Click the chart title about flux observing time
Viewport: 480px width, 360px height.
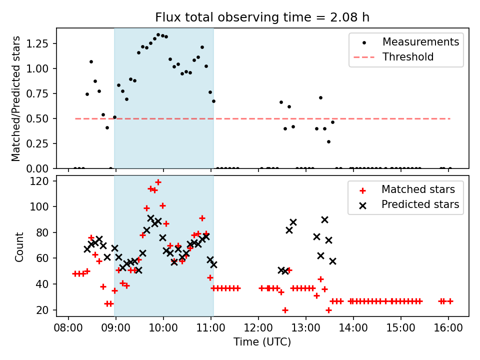pos(262,17)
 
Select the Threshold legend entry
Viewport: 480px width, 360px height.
pos(393,57)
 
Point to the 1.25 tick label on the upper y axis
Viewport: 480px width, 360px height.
pos(37,43)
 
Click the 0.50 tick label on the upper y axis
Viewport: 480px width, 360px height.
pos(37,119)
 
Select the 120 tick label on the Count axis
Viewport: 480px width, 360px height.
pos(39,181)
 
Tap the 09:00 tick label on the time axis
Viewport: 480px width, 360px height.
pos(115,328)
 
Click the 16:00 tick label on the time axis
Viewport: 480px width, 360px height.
pos(448,328)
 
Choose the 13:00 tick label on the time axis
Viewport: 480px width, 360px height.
pos(305,328)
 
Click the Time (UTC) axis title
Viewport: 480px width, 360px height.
pos(262,341)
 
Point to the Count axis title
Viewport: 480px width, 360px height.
pos(19,246)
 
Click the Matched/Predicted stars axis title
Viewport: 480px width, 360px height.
pos(15,98)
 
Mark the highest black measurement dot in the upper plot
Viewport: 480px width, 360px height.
pos(158,35)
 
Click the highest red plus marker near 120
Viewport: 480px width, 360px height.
pos(158,182)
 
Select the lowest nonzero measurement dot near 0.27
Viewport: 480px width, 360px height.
pos(328,141)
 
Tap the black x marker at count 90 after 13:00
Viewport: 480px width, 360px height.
pos(324,220)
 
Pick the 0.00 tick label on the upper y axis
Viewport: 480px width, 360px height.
pos(37,168)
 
